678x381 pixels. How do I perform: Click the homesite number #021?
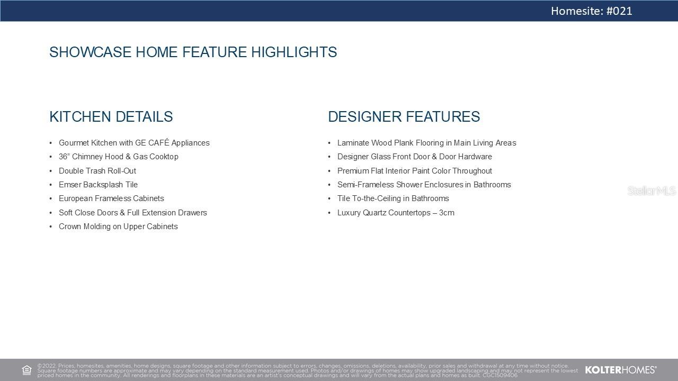click(619, 11)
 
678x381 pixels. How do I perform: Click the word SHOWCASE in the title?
click(90, 52)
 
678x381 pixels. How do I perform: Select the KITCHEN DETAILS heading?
click(111, 117)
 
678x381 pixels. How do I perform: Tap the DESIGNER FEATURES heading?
click(404, 117)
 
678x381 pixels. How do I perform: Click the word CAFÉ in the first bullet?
click(158, 142)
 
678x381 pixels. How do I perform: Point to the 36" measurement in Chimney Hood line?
click(64, 157)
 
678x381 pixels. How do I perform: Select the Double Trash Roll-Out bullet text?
click(97, 171)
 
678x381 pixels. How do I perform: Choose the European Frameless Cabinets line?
click(111, 198)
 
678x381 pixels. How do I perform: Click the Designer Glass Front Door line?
click(415, 157)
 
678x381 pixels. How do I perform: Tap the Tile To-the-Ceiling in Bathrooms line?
click(393, 198)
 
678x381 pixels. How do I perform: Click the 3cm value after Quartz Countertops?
click(447, 213)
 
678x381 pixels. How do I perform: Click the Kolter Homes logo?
click(620, 370)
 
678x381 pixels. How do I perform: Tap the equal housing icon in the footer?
click(26, 370)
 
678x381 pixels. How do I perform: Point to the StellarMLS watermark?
click(652, 191)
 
